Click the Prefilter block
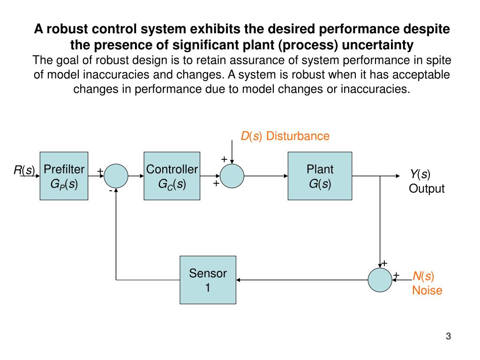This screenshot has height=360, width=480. [x=64, y=176]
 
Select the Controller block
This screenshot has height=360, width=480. [x=172, y=176]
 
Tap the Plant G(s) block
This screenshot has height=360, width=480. [x=320, y=176]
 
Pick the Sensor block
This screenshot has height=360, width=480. [x=208, y=280]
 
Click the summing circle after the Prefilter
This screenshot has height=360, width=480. [x=116, y=176]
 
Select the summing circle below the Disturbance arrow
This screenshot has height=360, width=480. [x=232, y=176]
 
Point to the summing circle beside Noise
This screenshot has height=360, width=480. [x=380, y=280]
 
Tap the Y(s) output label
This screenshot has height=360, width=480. [x=420, y=175]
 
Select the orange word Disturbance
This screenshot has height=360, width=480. [x=298, y=136]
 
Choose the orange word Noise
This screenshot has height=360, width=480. [x=427, y=291]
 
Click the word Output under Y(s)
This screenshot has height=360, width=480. [x=427, y=189]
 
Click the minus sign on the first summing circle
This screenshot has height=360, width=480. [x=111, y=191]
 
